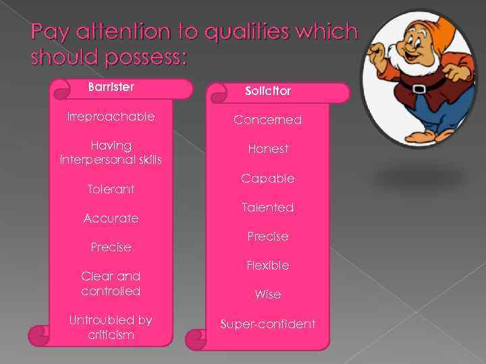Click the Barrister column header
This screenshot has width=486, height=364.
click(111, 87)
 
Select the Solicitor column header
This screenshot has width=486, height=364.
click(268, 90)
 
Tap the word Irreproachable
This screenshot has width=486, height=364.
click(111, 117)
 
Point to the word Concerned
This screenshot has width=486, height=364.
click(267, 120)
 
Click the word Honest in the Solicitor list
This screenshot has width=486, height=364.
click(268, 149)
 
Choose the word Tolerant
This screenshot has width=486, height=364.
click(111, 189)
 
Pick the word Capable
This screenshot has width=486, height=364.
click(268, 179)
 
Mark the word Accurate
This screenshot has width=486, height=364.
click(111, 218)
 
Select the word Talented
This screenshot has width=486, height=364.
click(268, 208)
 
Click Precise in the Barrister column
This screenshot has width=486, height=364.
click(111, 247)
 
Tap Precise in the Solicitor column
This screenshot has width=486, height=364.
click(268, 237)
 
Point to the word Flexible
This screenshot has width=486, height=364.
click(268, 266)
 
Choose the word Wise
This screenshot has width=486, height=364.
click(268, 295)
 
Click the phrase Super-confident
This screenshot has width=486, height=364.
click(268, 324)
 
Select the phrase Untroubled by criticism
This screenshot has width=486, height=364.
click(111, 328)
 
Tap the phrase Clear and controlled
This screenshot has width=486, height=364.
click(111, 284)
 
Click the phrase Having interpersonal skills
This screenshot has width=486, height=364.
click(111, 152)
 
